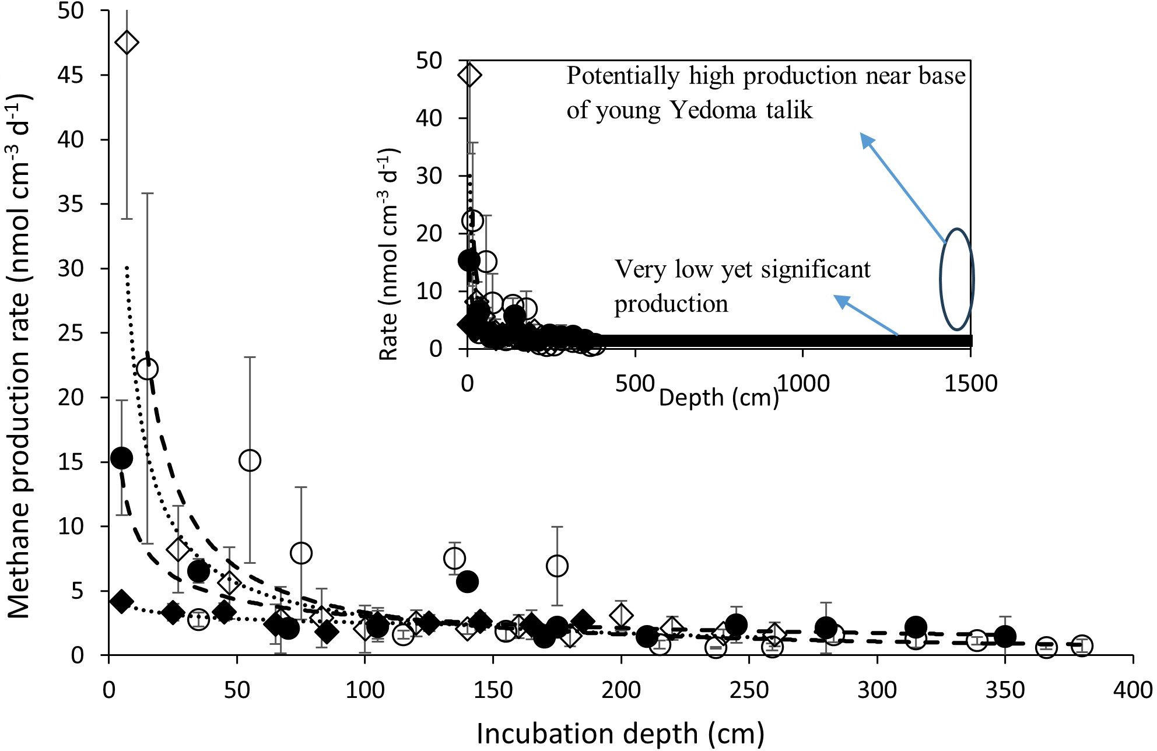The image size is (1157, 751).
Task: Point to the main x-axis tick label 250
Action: pyautogui.click(x=749, y=690)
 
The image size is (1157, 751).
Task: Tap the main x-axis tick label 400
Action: pyautogui.click(x=1133, y=690)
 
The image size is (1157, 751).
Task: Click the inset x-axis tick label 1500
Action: pyautogui.click(x=970, y=384)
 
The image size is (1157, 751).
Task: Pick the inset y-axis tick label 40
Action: pyautogui.click(x=429, y=118)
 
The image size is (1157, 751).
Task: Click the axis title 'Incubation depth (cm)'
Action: pyautogui.click(x=620, y=734)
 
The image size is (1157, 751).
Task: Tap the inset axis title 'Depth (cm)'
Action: pyautogui.click(x=718, y=398)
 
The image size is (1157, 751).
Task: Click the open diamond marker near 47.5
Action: pyautogui.click(x=127, y=43)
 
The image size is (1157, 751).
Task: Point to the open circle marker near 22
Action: pyautogui.click(x=148, y=369)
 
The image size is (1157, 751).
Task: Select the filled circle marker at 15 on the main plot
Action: pyautogui.click(x=121, y=458)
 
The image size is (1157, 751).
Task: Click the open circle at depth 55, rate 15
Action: pyautogui.click(x=250, y=460)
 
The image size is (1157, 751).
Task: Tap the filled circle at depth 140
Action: pyautogui.click(x=467, y=581)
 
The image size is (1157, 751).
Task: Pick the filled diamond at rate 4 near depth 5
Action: pyautogui.click(x=121, y=602)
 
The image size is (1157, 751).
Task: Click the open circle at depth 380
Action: pyautogui.click(x=1082, y=645)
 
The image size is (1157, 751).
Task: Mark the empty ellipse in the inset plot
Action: pyautogui.click(x=956, y=279)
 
